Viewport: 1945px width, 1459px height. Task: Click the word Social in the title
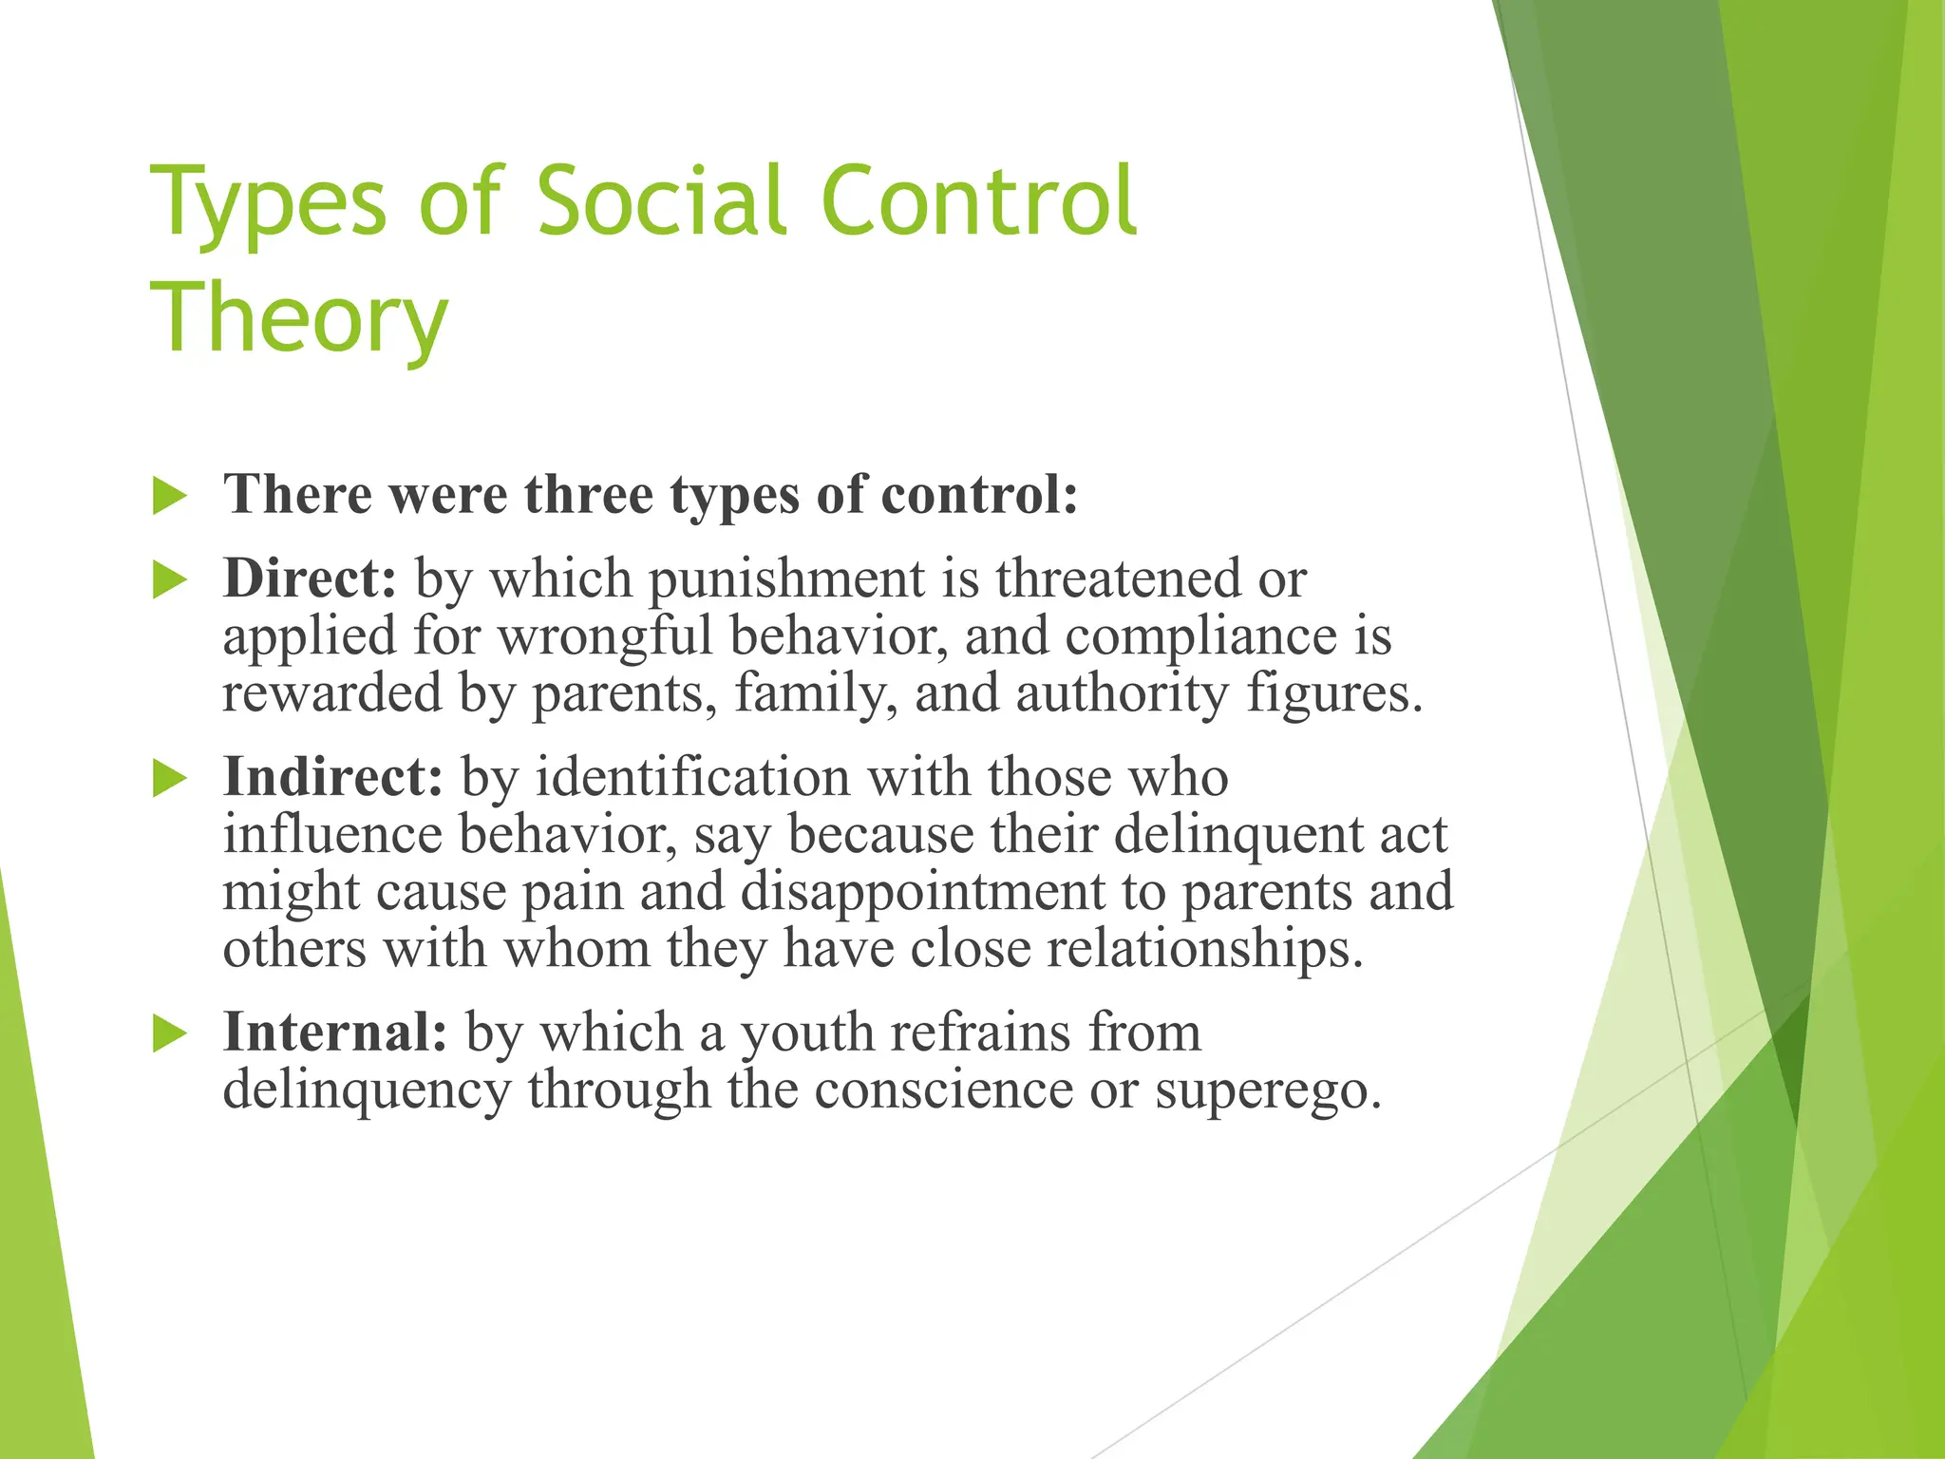click(661, 201)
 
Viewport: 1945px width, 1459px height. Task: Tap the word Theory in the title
click(298, 319)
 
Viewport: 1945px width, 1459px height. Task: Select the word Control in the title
click(978, 201)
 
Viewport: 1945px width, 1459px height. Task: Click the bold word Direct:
click(310, 578)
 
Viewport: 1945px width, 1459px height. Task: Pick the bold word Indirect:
click(332, 777)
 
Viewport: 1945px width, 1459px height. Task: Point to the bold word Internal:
click(334, 1033)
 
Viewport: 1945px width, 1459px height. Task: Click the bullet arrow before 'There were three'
click(170, 497)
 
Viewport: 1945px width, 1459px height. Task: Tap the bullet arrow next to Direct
click(170, 580)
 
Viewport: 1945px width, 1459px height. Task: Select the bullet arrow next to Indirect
click(170, 779)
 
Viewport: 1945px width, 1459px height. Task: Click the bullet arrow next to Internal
click(170, 1033)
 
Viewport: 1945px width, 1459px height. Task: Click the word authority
click(1122, 693)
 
